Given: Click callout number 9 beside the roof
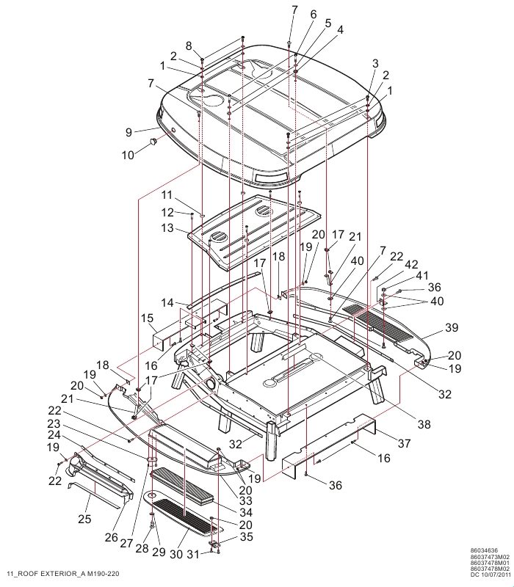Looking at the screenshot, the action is tap(129, 132).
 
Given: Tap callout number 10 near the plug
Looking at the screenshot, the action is tap(128, 155).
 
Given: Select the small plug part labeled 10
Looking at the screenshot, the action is tap(153, 141).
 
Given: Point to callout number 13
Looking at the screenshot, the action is tap(168, 227).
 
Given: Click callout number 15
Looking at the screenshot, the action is tap(148, 318).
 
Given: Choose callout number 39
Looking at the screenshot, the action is tap(452, 327).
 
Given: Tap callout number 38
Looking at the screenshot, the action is tap(424, 424).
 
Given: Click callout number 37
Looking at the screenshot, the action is tap(405, 443).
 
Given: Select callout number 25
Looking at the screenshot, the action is tap(84, 519).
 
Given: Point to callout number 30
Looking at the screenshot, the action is tap(176, 554).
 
